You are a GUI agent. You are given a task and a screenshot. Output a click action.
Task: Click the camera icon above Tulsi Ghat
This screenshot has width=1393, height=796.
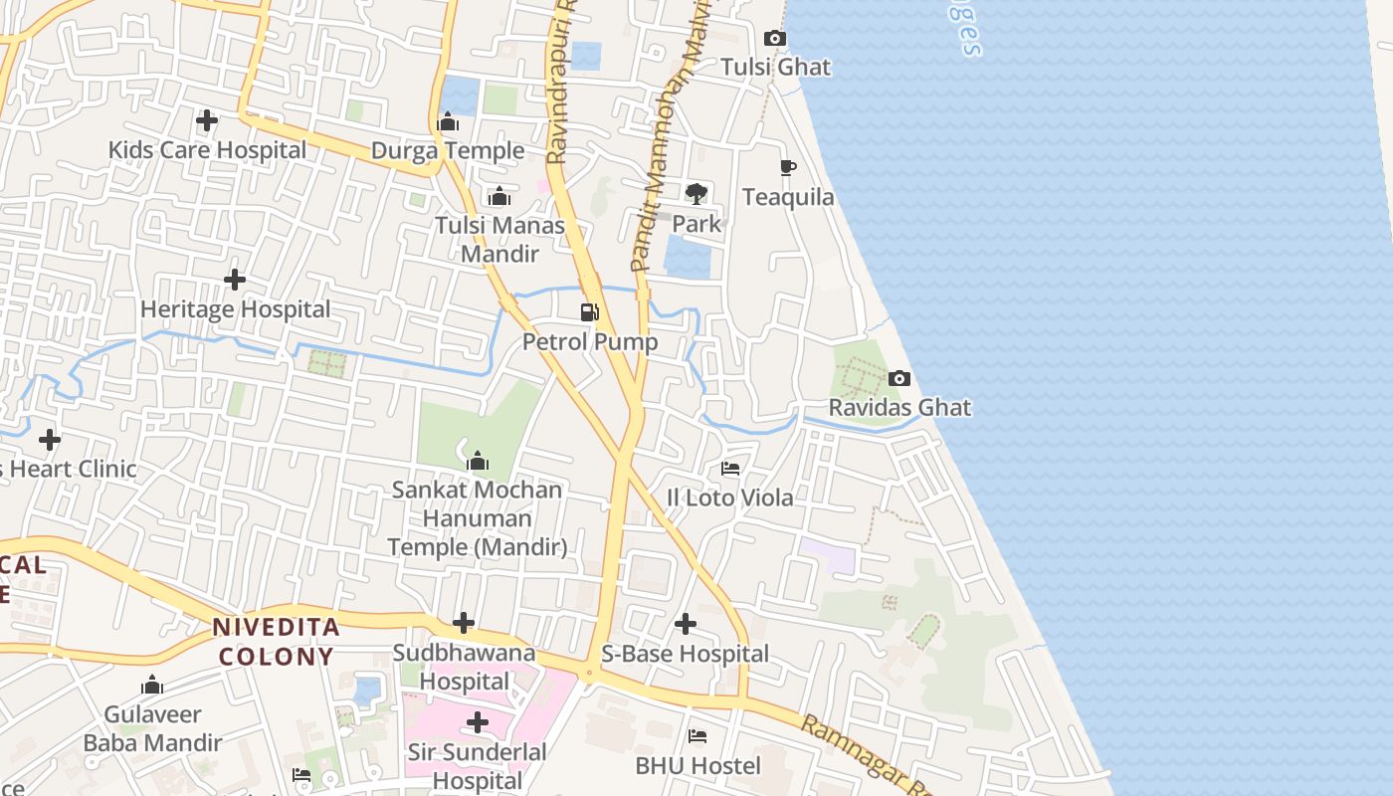(774, 39)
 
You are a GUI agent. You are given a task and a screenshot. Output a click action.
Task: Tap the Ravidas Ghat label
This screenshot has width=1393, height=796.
(899, 408)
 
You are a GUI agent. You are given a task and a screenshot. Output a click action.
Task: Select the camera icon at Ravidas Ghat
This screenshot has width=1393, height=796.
(898, 378)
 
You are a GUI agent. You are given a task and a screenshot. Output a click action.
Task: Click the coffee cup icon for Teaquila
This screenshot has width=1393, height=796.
(788, 167)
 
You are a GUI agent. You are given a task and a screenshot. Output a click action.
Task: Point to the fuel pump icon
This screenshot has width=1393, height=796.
(590, 312)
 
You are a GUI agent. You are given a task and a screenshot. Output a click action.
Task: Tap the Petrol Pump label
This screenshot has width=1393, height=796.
(590, 342)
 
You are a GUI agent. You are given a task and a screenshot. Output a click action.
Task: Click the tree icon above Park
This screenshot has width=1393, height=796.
(696, 193)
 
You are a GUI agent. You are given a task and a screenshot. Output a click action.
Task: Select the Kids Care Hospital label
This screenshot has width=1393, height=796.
(207, 150)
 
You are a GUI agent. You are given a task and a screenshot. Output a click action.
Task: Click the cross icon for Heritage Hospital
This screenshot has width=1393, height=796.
(235, 280)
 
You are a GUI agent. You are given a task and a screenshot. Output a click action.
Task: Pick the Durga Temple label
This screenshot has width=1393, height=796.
(448, 151)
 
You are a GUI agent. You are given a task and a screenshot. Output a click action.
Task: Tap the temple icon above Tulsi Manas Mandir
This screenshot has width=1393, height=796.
(499, 196)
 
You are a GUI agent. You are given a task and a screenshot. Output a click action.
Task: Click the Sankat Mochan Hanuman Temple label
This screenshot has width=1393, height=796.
(477, 518)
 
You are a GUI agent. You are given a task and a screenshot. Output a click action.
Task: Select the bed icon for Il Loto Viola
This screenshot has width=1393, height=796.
(730, 468)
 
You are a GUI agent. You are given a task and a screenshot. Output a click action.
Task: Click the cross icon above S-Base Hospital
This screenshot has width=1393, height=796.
(685, 624)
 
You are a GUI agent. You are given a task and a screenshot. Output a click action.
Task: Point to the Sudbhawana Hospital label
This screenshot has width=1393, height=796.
(464, 668)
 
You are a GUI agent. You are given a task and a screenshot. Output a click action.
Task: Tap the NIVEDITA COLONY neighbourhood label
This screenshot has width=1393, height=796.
(277, 642)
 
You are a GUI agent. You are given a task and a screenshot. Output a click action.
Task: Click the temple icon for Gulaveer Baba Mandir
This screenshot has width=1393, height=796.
(152, 685)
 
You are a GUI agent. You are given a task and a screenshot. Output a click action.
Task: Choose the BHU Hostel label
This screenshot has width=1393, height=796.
(697, 766)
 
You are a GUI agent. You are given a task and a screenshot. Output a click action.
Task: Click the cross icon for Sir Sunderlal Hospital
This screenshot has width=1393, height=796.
(478, 721)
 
